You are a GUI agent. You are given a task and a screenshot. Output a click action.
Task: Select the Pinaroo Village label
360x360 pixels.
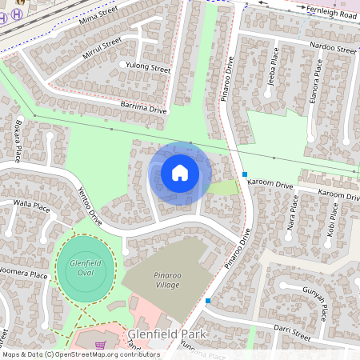click(x=156, y=278)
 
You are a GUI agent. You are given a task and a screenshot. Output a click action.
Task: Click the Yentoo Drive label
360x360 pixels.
click(x=90, y=206)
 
